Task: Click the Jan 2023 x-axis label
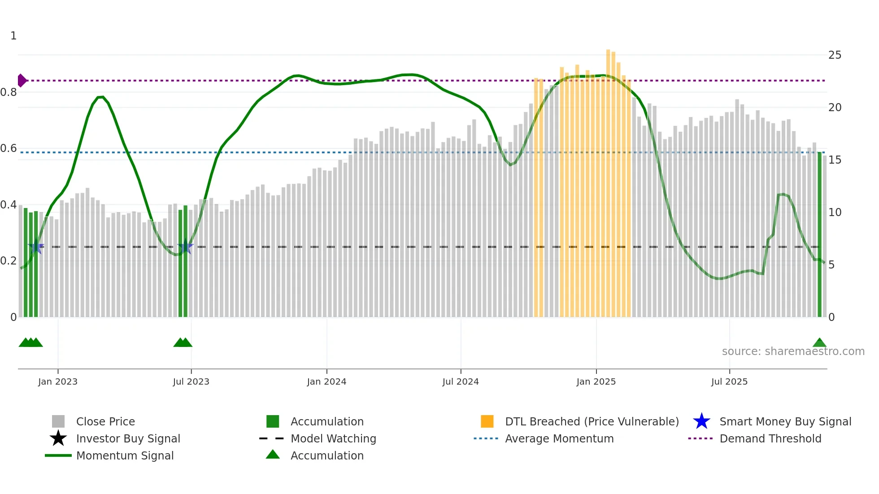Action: click(58, 381)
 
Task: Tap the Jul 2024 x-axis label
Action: click(461, 381)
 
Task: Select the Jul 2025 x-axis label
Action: click(729, 381)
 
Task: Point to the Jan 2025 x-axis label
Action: click(596, 381)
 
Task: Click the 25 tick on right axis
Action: click(835, 55)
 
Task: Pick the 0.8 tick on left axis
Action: click(9, 92)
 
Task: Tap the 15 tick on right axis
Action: click(835, 160)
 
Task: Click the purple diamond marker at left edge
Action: click(22, 81)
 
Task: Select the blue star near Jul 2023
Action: click(185, 247)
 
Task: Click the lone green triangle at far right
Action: click(819, 343)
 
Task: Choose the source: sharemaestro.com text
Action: click(793, 351)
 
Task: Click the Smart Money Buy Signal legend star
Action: click(701, 421)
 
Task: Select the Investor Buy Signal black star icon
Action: click(58, 438)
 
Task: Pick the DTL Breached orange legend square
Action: click(487, 421)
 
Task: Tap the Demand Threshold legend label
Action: click(770, 438)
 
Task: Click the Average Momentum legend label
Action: click(559, 438)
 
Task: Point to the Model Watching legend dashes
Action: click(272, 438)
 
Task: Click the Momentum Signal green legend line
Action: click(58, 455)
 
